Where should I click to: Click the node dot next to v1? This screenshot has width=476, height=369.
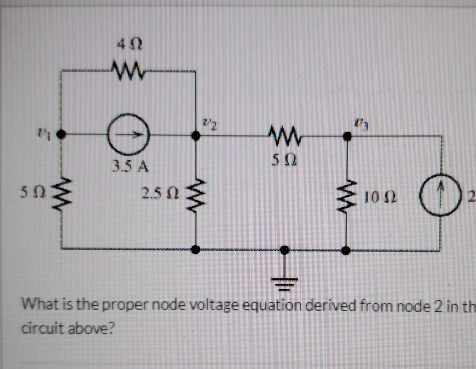coord(61,134)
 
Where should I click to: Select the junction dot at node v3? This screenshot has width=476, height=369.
coord(347,137)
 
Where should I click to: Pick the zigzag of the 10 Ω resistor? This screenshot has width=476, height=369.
coord(347,197)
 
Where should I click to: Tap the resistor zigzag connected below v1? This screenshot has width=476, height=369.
coord(61,193)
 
